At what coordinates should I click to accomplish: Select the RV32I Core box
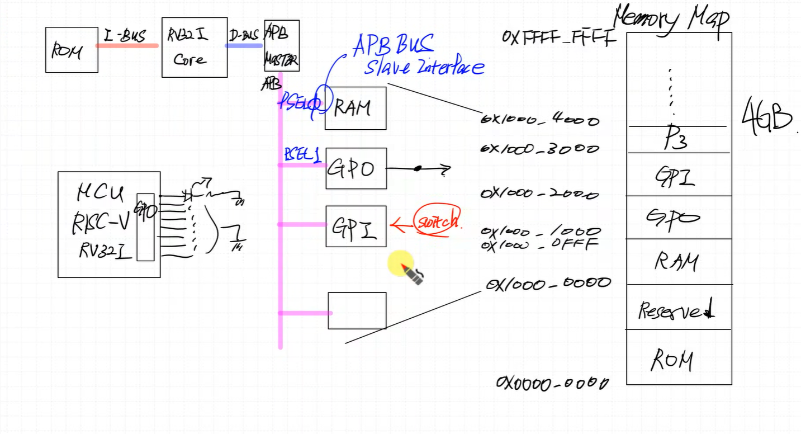(194, 47)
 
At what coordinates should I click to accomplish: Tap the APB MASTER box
(281, 46)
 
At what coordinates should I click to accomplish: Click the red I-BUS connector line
(127, 45)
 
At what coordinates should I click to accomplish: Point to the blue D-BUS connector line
(244, 45)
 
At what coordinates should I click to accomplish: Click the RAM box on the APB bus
(356, 108)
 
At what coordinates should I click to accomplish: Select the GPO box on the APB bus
(356, 168)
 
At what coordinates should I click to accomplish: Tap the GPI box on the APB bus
(356, 226)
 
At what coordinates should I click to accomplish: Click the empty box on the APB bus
(357, 310)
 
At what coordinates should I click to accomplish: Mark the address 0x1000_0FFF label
(540, 244)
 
